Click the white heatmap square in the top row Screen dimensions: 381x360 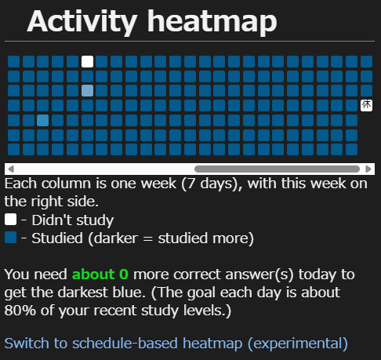click(87, 62)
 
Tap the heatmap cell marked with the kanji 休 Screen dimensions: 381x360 click(366, 105)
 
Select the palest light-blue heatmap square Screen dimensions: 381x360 click(87, 91)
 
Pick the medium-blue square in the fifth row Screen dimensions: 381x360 click(42, 121)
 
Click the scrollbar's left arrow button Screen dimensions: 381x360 click(11, 169)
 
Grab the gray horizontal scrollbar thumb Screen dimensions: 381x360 click(277, 169)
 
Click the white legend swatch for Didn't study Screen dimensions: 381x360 click(10, 220)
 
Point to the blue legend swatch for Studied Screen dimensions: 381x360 click(10, 238)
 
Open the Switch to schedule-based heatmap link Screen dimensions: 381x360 click(176, 344)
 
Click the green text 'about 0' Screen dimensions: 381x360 click(100, 275)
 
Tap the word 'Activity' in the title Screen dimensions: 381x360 click(82, 22)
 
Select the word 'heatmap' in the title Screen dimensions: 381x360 click(212, 22)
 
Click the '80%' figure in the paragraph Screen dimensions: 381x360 click(20, 311)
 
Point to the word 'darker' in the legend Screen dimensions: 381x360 click(116, 238)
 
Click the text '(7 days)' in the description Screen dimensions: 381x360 click(212, 184)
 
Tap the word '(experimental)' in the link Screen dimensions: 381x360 click(298, 344)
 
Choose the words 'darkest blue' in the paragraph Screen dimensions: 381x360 click(101, 292)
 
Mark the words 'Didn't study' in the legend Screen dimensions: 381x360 click(73, 220)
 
